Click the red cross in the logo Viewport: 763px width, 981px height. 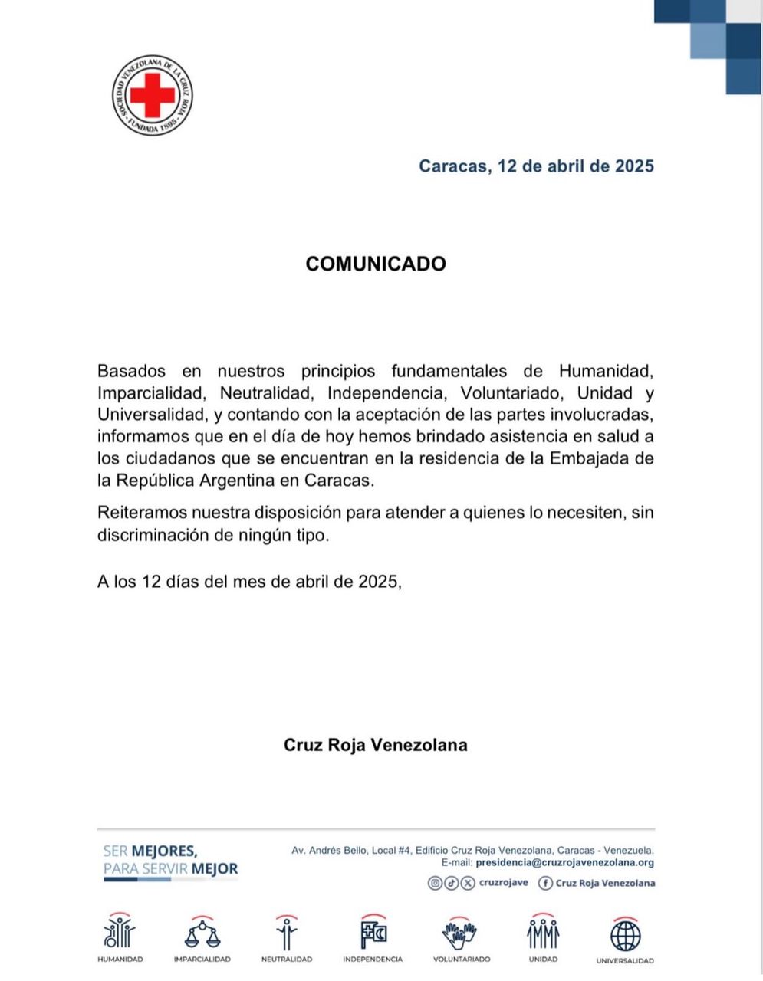click(x=152, y=95)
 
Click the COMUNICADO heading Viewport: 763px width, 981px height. click(x=375, y=264)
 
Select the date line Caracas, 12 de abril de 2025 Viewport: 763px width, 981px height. click(x=536, y=166)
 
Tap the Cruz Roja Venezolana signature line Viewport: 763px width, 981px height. click(x=375, y=745)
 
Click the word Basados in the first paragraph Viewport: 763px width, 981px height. click(x=131, y=371)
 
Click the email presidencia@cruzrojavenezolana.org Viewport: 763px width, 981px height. click(x=564, y=862)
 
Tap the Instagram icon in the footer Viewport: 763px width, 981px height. click(x=435, y=883)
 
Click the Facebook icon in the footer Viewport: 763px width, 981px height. click(x=546, y=883)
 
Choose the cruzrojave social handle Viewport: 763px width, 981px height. click(x=503, y=883)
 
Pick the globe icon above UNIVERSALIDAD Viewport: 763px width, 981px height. click(x=625, y=935)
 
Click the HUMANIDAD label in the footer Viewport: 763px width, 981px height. click(x=120, y=960)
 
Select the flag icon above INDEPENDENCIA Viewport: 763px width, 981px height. click(x=373, y=933)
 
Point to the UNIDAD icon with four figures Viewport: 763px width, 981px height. click(x=543, y=933)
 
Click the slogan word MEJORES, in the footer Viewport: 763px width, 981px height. click(x=164, y=851)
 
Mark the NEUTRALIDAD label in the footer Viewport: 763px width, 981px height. click(x=287, y=960)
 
